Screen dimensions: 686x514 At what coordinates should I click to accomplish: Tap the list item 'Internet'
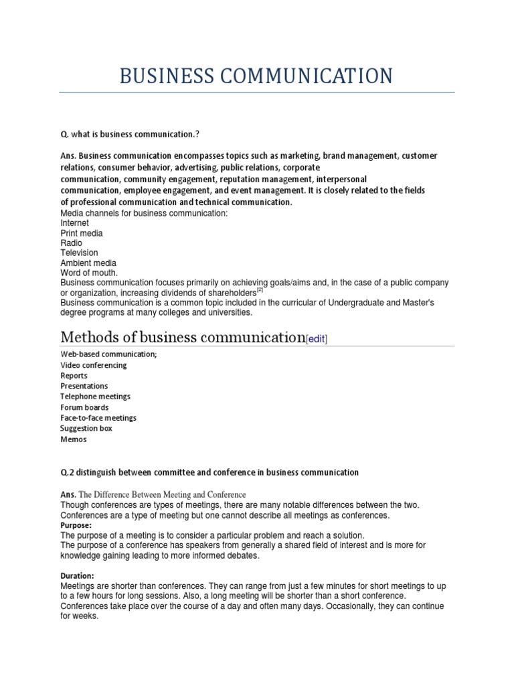[x=74, y=223]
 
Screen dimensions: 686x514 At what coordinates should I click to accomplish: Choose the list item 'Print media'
[x=82, y=233]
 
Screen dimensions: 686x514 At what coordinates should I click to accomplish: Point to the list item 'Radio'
[x=72, y=243]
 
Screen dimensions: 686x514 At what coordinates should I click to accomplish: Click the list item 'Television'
[x=79, y=253]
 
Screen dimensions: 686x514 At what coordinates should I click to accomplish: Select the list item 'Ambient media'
[x=88, y=263]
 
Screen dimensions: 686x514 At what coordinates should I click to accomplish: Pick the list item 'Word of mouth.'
[x=89, y=273]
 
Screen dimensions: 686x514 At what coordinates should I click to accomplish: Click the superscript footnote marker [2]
[x=260, y=291]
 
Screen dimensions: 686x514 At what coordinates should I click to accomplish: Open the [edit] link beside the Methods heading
[x=317, y=340]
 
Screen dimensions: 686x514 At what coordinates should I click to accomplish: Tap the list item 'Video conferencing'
[x=93, y=365]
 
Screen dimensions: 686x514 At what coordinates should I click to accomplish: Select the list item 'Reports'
[x=74, y=376]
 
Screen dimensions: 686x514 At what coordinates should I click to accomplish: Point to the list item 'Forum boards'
[x=84, y=407]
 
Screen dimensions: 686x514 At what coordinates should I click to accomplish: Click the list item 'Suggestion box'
[x=86, y=428]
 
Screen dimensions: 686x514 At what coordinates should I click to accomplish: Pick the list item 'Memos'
[x=73, y=439]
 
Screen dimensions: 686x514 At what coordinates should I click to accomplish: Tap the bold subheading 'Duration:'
[x=77, y=575]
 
